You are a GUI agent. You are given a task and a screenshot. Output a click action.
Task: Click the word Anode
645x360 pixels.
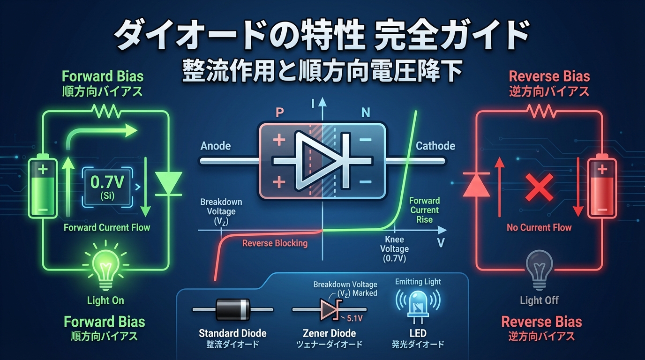click(x=216, y=146)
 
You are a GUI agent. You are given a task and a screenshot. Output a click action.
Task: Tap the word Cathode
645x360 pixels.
click(x=435, y=146)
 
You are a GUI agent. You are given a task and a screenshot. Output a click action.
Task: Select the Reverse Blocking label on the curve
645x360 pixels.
click(x=275, y=243)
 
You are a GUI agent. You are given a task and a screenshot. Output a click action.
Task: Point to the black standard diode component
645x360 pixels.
click(x=233, y=309)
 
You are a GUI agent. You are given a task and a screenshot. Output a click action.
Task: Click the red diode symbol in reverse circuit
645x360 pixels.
click(x=476, y=184)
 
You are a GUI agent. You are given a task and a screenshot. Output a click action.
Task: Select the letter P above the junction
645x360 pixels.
click(x=280, y=113)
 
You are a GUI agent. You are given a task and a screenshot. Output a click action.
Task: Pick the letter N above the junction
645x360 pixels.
click(x=365, y=113)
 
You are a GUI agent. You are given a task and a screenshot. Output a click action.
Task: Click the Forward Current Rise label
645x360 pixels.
click(x=424, y=210)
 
